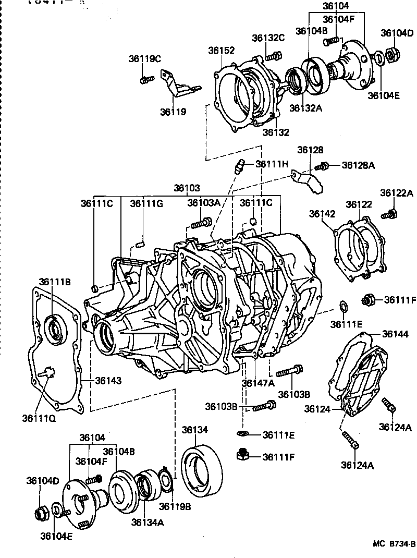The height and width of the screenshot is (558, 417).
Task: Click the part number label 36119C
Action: click(144, 59)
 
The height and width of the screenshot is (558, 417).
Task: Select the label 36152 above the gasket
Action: click(222, 51)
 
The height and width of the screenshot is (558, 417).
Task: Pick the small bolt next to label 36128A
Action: click(323, 166)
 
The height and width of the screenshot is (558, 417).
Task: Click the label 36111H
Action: click(272, 164)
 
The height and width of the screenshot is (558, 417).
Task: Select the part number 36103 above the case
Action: click(187, 188)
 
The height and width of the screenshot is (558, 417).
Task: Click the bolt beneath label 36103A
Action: click(201, 223)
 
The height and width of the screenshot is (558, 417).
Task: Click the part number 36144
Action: click(396, 334)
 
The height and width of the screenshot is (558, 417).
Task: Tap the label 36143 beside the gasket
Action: click(108, 381)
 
